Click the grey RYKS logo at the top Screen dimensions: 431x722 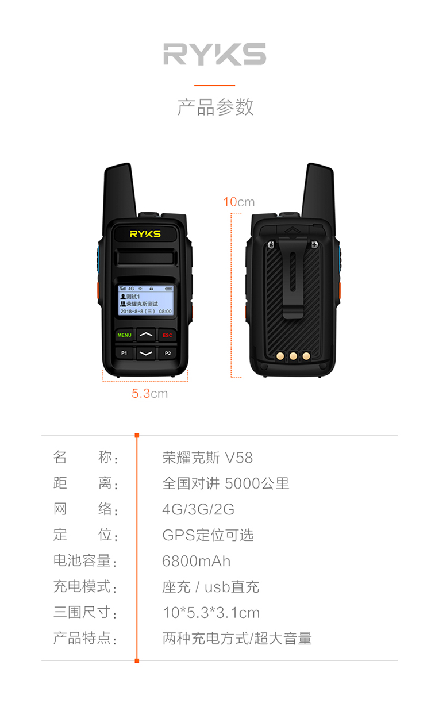[215, 54]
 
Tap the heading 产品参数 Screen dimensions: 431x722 [215, 107]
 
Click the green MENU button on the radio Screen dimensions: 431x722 [124, 335]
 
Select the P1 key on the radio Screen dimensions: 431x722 [124, 353]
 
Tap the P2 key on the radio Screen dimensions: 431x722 [167, 354]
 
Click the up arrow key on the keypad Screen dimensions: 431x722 [146, 335]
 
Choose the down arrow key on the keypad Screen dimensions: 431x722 [146, 354]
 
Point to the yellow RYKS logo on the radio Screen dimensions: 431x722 [145, 234]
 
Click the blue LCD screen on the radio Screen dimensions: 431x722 [146, 301]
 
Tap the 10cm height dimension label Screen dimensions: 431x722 [239, 202]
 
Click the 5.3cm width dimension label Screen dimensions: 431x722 [150, 394]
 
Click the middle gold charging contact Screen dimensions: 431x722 [293, 356]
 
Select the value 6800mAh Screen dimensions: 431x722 [197, 561]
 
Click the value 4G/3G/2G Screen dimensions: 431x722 [198, 509]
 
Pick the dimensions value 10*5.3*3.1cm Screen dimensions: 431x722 [211, 613]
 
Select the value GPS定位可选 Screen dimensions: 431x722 [208, 535]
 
